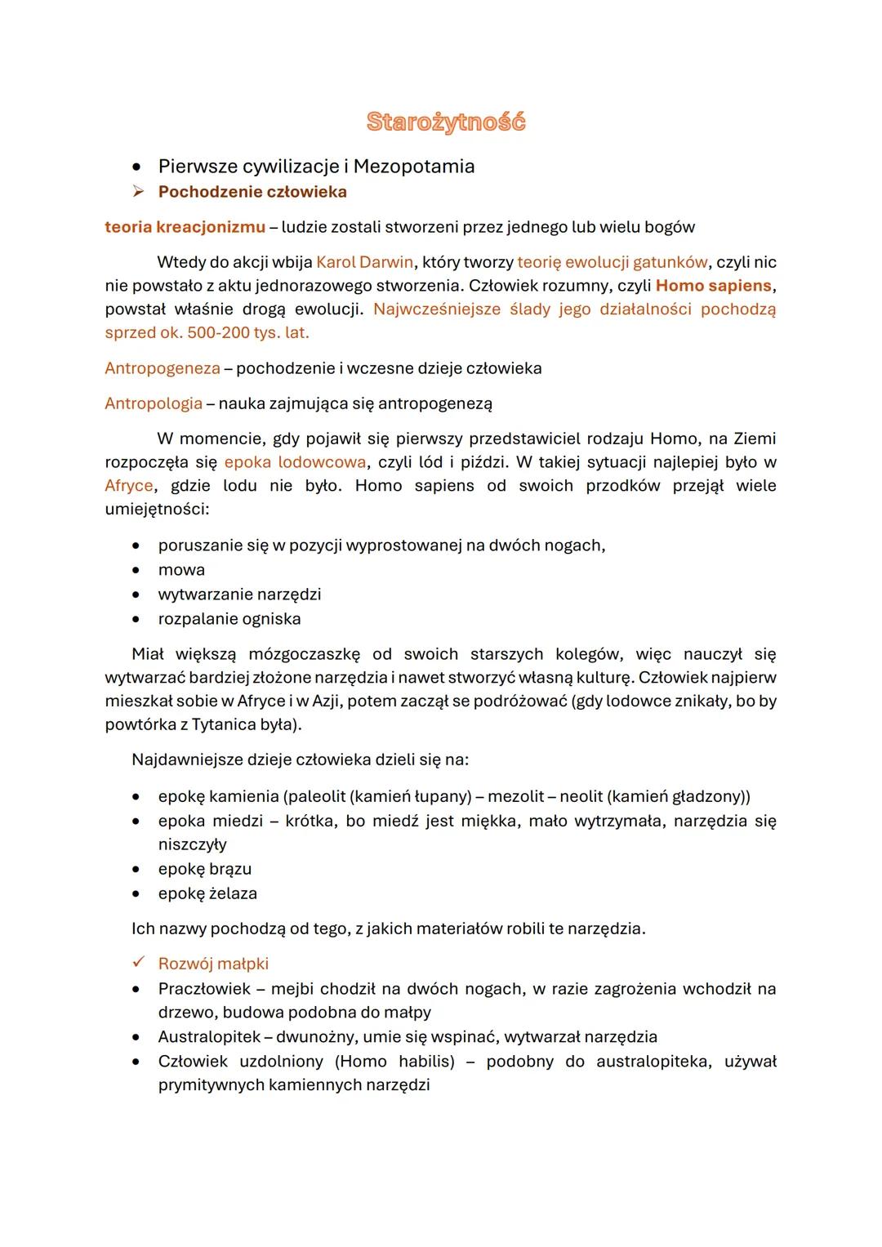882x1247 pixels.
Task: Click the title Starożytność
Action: pos(446,122)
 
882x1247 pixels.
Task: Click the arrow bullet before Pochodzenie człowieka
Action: pos(139,192)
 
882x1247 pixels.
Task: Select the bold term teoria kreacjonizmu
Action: pos(185,227)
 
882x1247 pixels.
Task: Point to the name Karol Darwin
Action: pos(364,263)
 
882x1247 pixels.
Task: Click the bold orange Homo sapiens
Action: pos(713,287)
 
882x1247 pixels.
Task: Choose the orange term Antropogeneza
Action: pos(163,368)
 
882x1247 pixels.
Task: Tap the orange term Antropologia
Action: pos(154,403)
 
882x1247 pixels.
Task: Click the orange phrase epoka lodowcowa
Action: pos(295,462)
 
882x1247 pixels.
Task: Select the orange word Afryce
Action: pos(129,486)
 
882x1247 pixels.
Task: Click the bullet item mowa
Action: pos(181,570)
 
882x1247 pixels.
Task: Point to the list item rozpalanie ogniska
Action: pos(229,619)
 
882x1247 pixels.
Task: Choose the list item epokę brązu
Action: pos(205,869)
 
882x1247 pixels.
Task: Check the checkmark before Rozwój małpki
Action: pos(139,964)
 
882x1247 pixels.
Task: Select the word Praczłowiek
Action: pos(204,989)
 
